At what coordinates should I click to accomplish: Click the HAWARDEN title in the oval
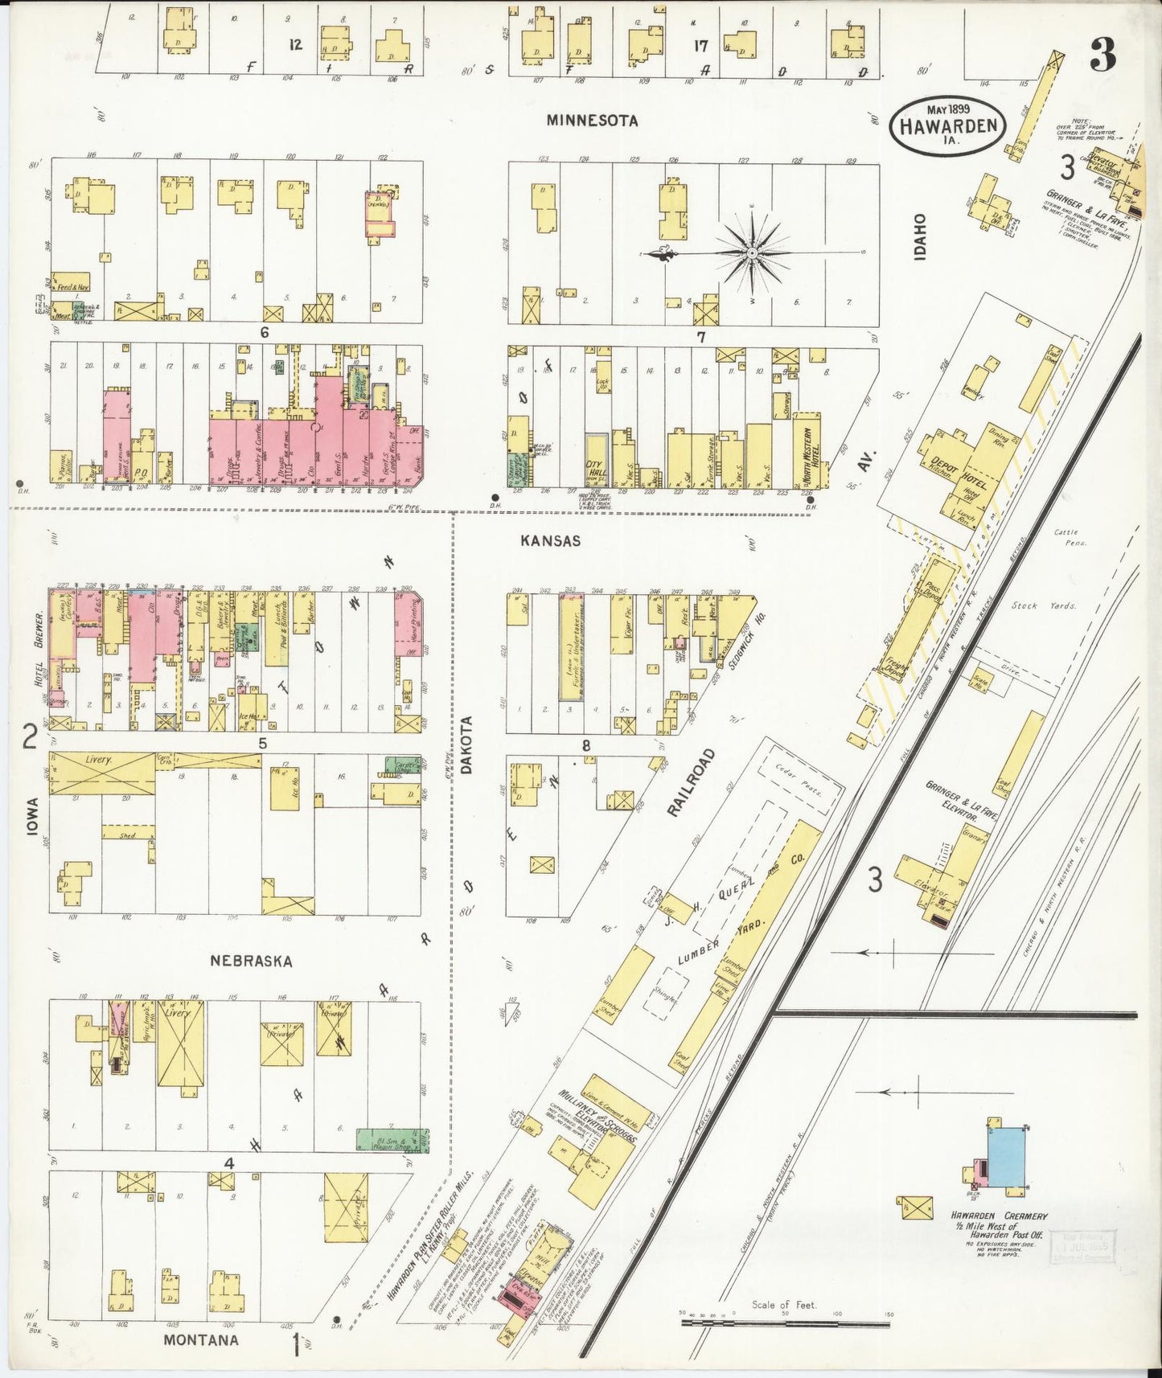click(948, 126)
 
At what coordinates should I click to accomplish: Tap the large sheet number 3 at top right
click(1103, 55)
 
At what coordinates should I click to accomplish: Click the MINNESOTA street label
click(592, 121)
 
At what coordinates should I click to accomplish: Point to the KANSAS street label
click(550, 541)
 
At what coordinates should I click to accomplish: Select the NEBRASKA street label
click(251, 961)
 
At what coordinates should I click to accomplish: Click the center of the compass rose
click(751, 254)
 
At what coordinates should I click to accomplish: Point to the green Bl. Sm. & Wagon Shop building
click(392, 1140)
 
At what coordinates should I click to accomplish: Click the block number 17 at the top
click(701, 47)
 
